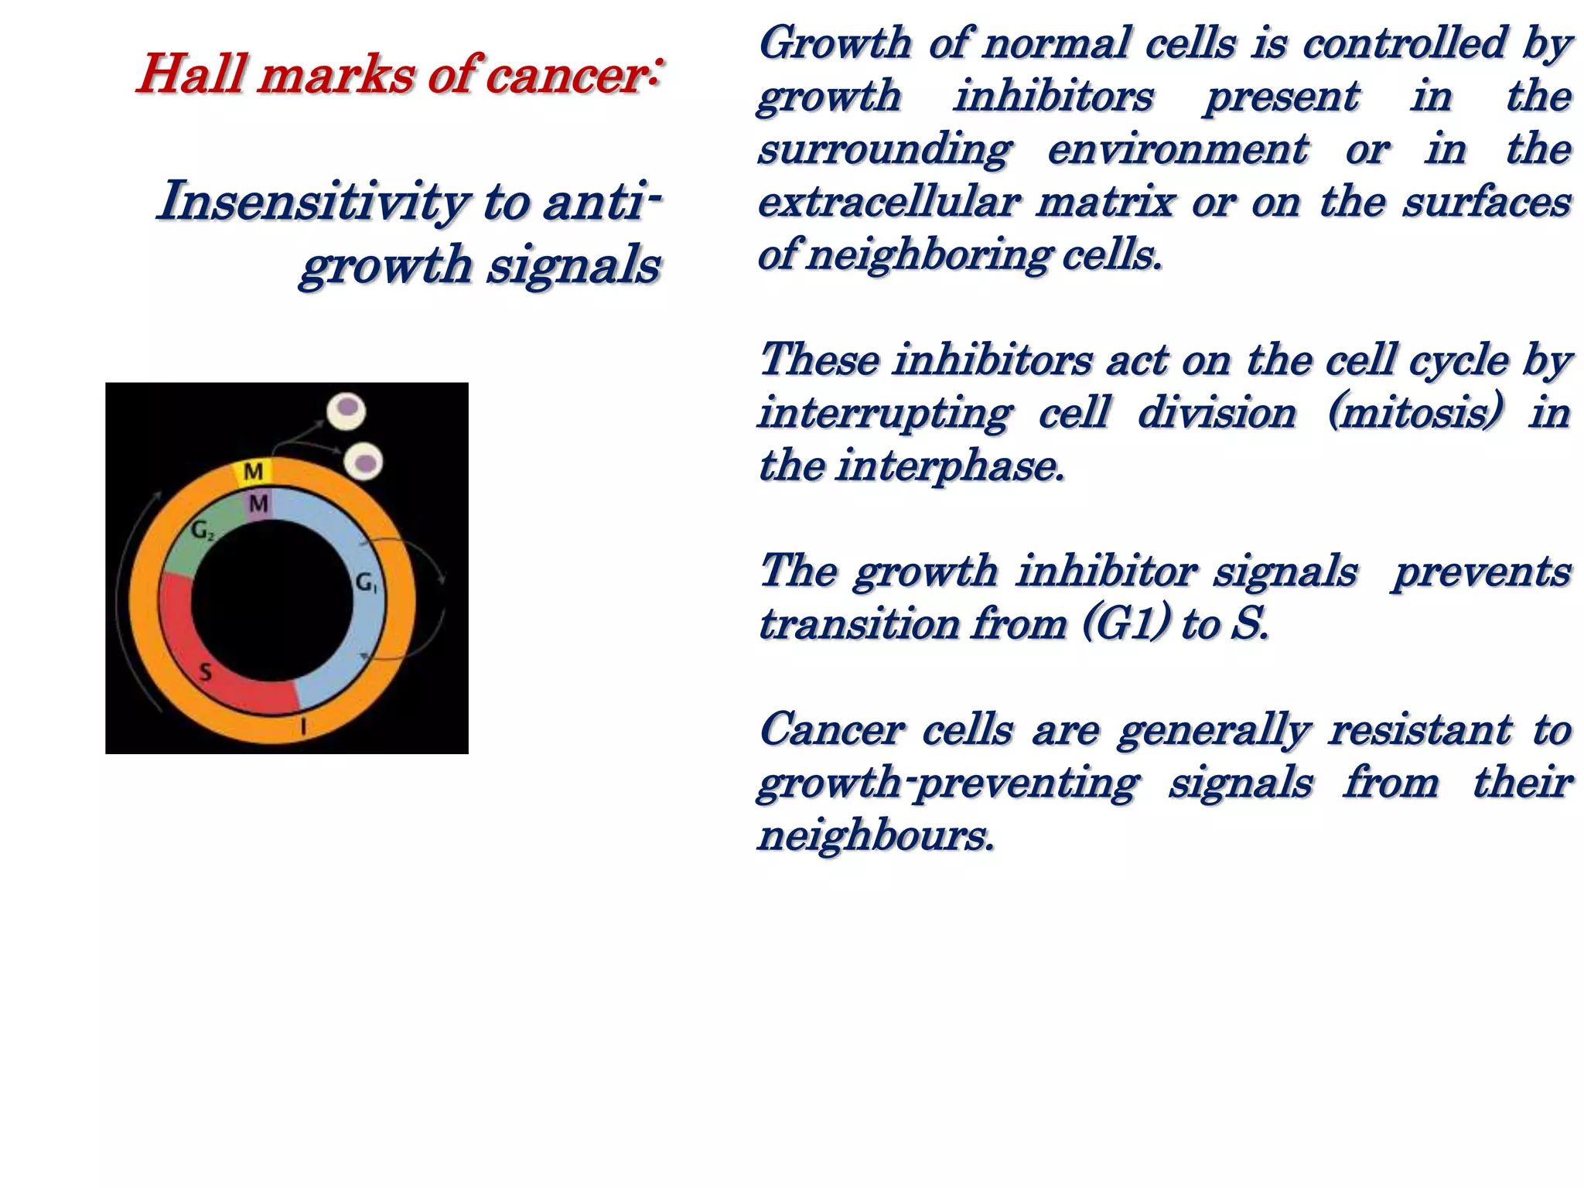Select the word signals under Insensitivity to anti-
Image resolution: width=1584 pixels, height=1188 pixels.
click(x=573, y=265)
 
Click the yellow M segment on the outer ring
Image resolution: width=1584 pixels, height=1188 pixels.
click(x=253, y=472)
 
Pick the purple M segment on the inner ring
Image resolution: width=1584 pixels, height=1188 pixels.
click(x=258, y=504)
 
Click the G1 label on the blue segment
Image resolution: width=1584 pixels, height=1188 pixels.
click(x=366, y=582)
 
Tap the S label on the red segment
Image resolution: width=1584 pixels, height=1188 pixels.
click(x=206, y=672)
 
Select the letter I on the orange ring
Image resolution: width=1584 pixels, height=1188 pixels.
click(x=303, y=725)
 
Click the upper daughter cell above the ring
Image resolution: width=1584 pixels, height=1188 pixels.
click(x=346, y=410)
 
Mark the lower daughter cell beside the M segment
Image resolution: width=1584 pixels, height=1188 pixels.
click(x=363, y=462)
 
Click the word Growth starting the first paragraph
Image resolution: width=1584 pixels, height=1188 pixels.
click(x=835, y=43)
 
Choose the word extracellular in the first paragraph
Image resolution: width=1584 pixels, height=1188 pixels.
click(x=889, y=203)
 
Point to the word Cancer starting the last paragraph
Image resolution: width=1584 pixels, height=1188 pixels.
click(x=831, y=730)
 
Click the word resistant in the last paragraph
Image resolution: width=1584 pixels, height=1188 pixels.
click(x=1419, y=730)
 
